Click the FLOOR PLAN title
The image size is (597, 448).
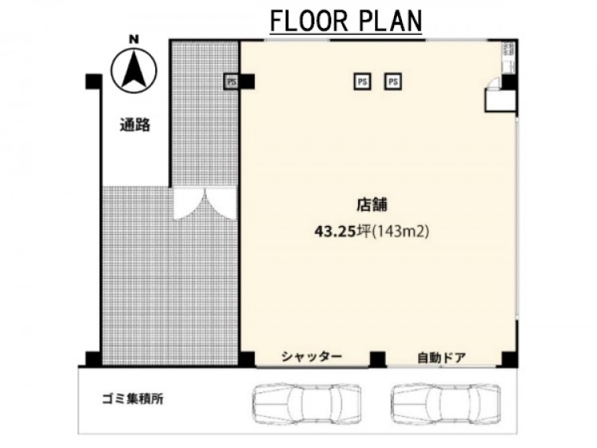pyautogui.click(x=345, y=21)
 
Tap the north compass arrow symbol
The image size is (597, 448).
pyautogui.click(x=134, y=71)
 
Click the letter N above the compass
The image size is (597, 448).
pyautogui.click(x=134, y=39)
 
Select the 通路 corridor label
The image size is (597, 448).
pyautogui.click(x=135, y=125)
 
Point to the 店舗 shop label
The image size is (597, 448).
pyautogui.click(x=372, y=205)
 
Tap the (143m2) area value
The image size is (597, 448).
pyautogui.click(x=400, y=231)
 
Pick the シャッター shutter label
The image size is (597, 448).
pyautogui.click(x=312, y=356)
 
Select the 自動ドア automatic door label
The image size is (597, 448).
pyautogui.click(x=442, y=358)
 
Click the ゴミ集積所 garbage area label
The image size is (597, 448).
pyautogui.click(x=133, y=399)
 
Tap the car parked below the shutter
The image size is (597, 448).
pyautogui.click(x=307, y=404)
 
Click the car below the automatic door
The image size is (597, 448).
pyautogui.click(x=446, y=404)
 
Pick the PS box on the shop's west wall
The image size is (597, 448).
pyautogui.click(x=231, y=81)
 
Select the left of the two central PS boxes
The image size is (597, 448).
pyautogui.click(x=362, y=81)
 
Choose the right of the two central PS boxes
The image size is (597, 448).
pyautogui.click(x=393, y=81)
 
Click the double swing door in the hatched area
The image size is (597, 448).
pyautogui.click(x=205, y=204)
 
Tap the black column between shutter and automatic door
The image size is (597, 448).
pyautogui.click(x=377, y=360)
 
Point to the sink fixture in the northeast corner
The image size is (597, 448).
pyautogui.click(x=509, y=57)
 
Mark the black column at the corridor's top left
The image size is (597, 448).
pyautogui.click(x=94, y=81)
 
